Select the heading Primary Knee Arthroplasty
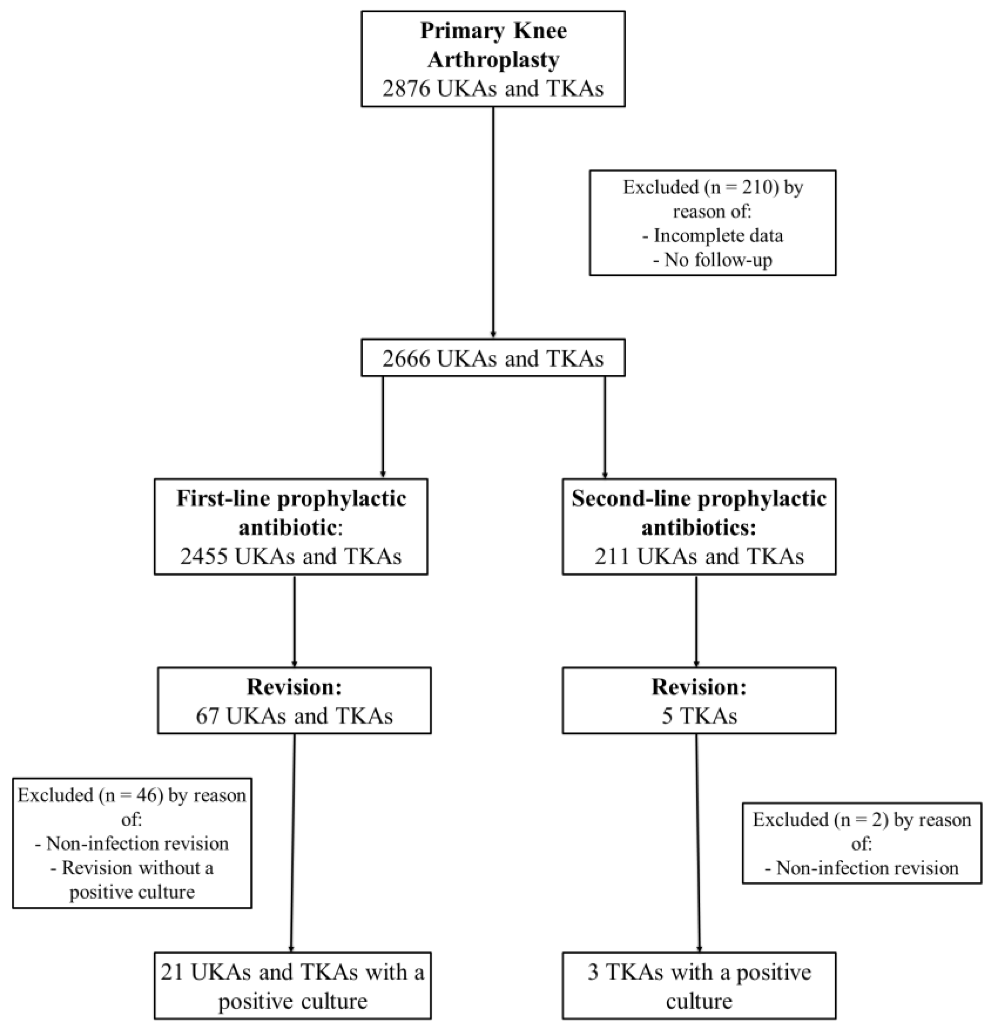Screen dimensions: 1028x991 click(493, 45)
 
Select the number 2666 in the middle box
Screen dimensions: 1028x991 click(406, 359)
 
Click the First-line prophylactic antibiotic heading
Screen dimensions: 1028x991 click(291, 512)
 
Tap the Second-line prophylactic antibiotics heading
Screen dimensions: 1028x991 click(699, 512)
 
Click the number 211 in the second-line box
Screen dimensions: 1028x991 click(612, 556)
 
